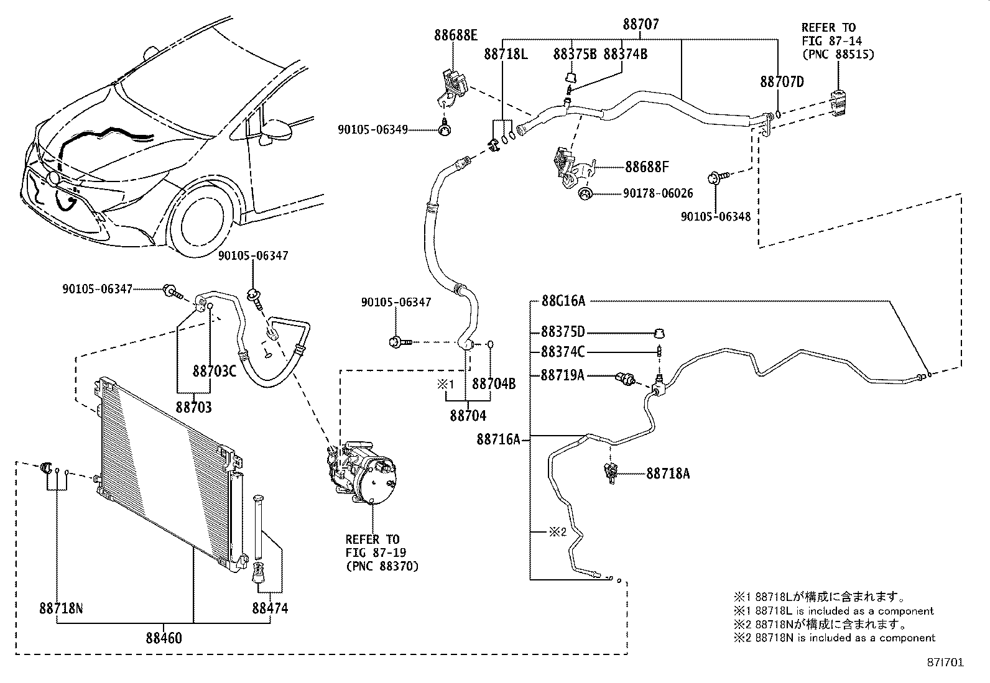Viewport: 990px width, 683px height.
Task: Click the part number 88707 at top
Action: coord(641,25)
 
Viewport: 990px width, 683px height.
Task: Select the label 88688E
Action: coord(456,35)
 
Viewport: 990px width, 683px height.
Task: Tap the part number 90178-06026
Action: coord(657,194)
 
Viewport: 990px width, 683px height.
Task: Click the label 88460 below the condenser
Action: coord(164,638)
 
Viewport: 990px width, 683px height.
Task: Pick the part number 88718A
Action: coord(668,474)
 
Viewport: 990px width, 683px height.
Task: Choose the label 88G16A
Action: coord(563,301)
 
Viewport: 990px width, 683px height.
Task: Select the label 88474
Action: coord(270,608)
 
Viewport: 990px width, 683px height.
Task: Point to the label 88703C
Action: coord(214,372)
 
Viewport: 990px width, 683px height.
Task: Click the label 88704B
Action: coord(494,384)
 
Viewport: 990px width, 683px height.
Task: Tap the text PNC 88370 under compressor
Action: coord(382,566)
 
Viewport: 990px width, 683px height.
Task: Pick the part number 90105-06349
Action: coord(372,129)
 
